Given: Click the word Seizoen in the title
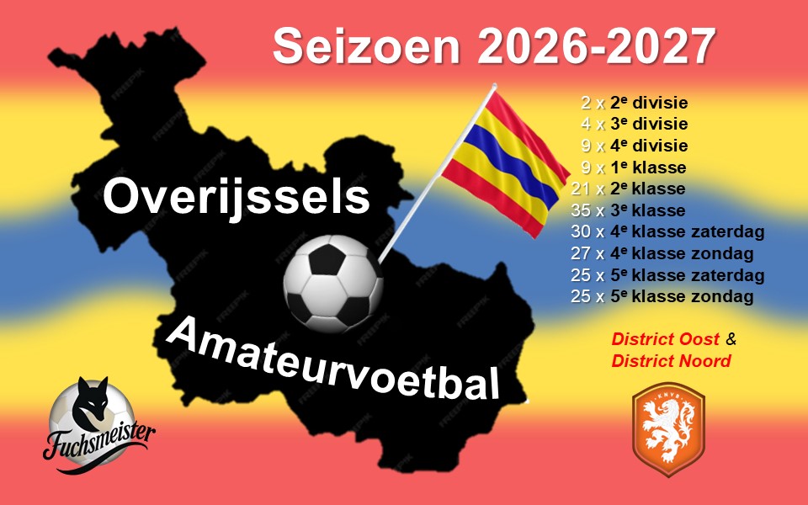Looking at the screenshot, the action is tap(366, 45).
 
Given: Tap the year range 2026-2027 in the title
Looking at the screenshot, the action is tap(597, 45).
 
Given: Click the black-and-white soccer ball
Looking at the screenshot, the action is tap(333, 284).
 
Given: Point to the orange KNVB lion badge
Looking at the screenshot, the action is tap(668, 428).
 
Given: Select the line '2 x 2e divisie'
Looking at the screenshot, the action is tap(635, 103).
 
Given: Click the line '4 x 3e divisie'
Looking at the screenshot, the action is tap(635, 125).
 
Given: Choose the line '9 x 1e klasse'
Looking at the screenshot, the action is tap(634, 167).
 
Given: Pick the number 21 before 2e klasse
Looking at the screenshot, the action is tap(580, 189).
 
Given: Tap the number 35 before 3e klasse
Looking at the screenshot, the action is tap(580, 210).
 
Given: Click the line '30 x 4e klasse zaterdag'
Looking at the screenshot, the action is tap(667, 232).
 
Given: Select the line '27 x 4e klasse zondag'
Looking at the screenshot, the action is tap(662, 253).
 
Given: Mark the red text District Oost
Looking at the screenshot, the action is tap(665, 339).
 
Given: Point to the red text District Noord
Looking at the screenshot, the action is tap(672, 361).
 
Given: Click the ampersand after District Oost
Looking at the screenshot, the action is tap(731, 339).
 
